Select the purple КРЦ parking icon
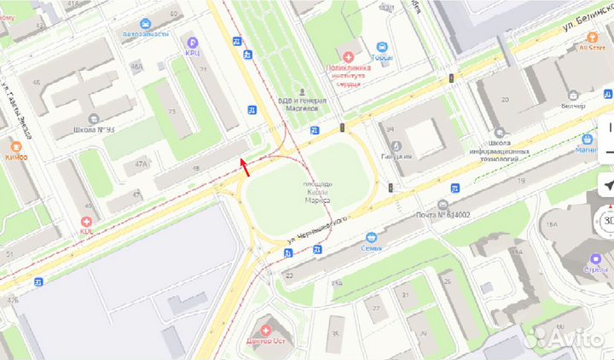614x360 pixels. (x=193, y=42)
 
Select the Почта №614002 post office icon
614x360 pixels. (x=442, y=205)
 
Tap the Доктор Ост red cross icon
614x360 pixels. (x=266, y=329)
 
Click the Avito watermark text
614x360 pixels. (x=566, y=339)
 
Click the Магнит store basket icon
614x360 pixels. (x=587, y=139)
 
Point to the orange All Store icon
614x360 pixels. (x=591, y=37)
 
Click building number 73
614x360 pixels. (x=171, y=112)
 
